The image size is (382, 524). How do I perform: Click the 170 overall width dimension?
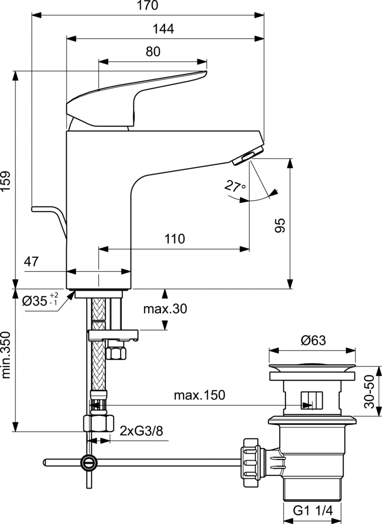tap(148, 6)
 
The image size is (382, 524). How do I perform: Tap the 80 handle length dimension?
tap(152, 52)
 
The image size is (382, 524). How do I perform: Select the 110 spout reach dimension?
tap(174, 239)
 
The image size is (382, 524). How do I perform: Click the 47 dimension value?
tap(31, 262)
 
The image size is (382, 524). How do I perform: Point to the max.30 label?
tap(165, 309)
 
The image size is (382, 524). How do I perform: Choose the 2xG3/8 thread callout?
tap(141, 431)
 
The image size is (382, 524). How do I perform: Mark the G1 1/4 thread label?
tap(312, 510)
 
